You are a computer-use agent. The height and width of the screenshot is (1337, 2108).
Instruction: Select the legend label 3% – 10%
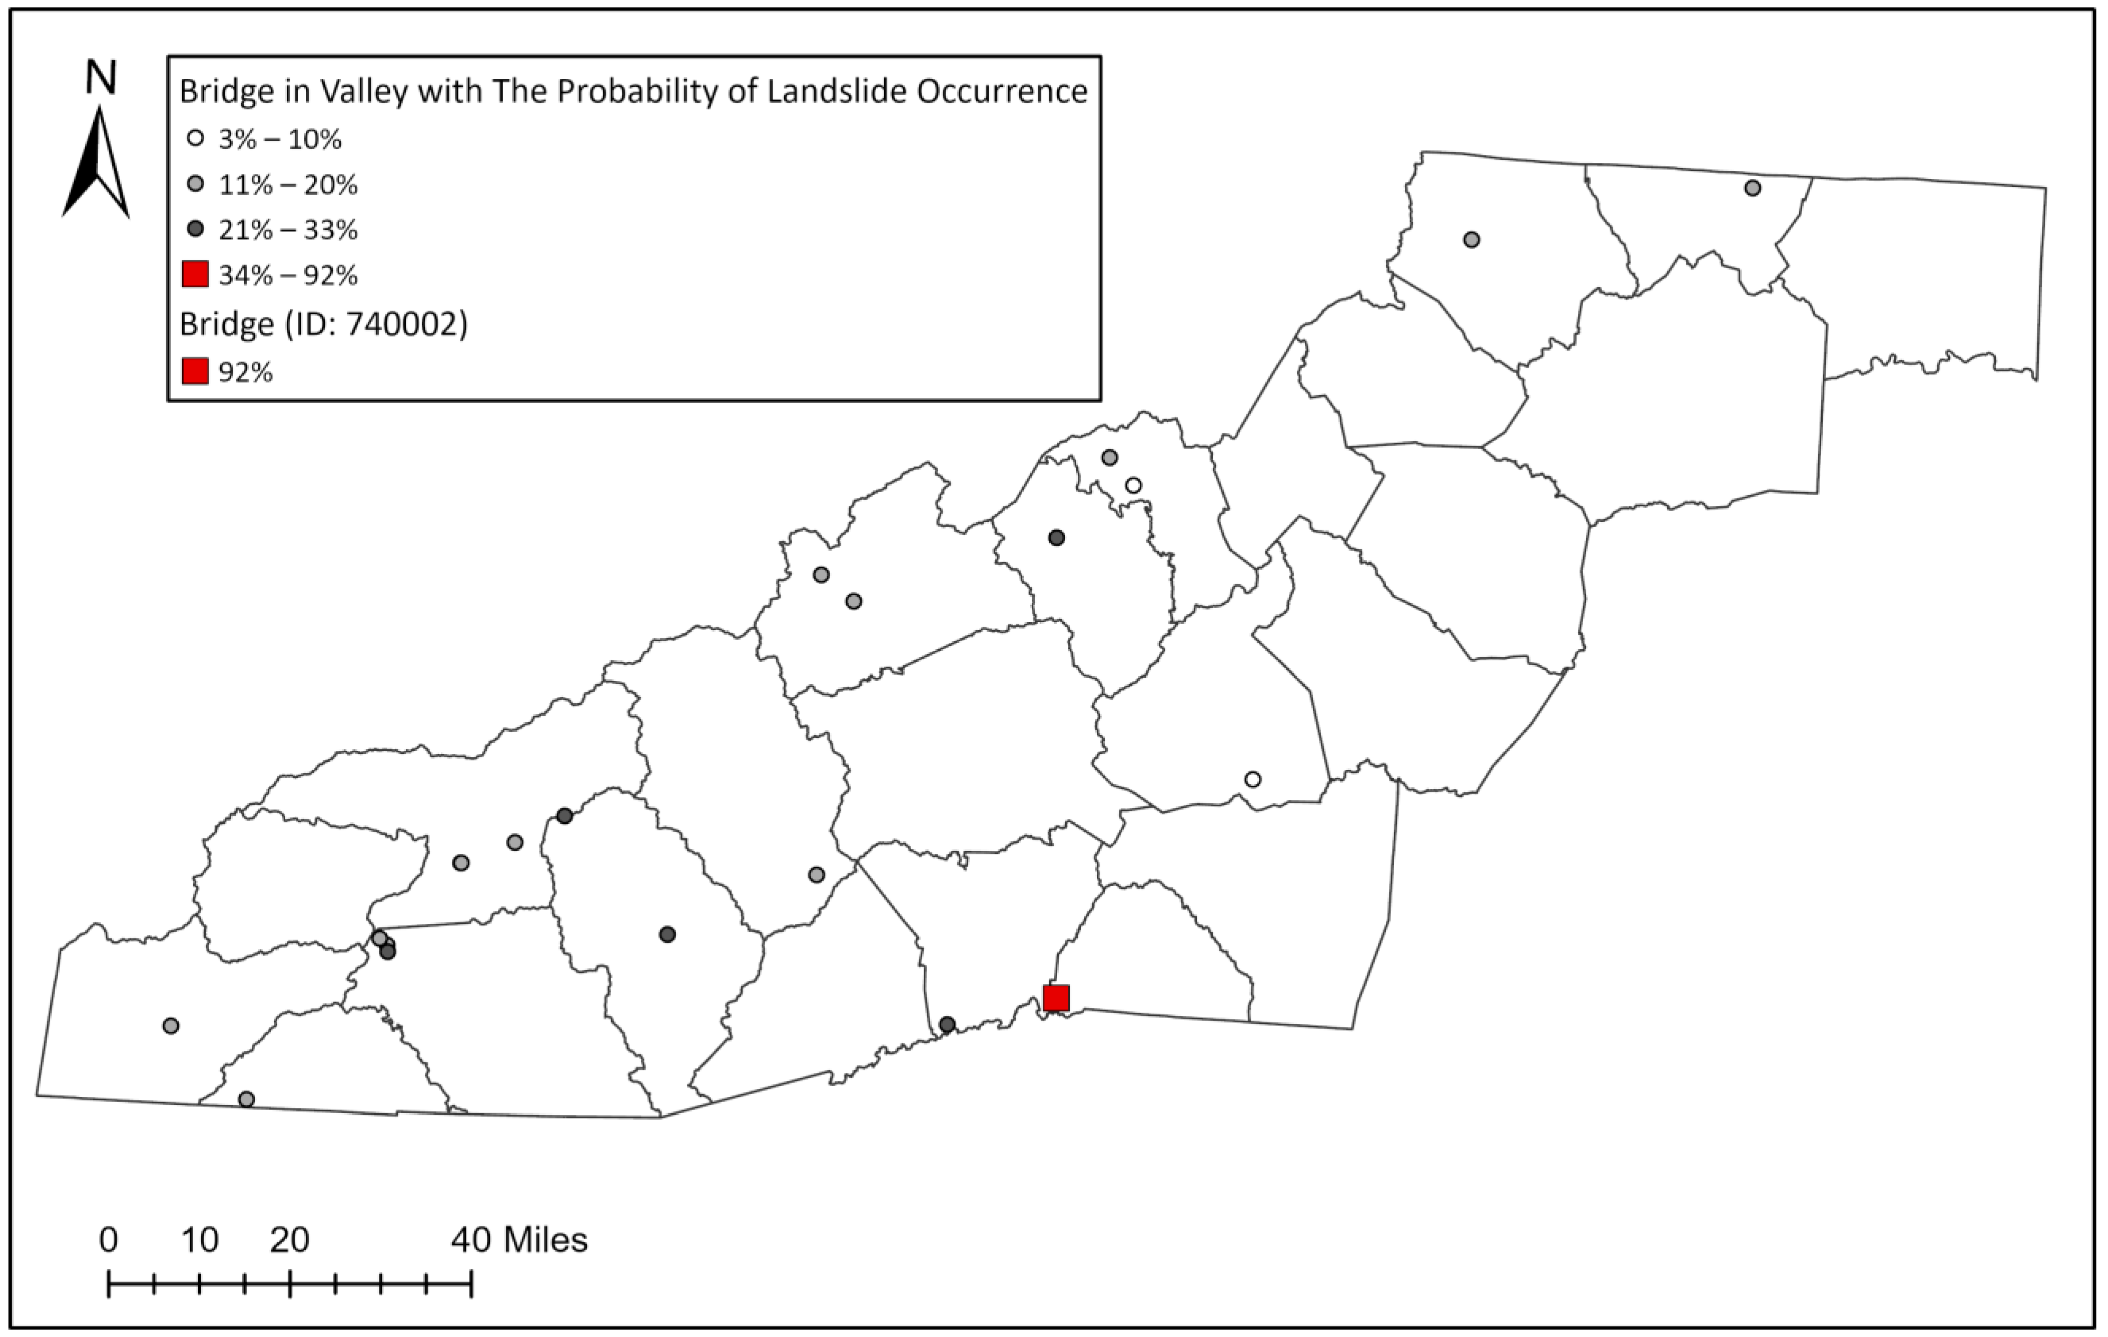tap(279, 139)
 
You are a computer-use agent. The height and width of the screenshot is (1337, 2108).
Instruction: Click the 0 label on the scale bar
tap(108, 1240)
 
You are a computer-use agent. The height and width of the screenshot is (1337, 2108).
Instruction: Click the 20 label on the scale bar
tap(290, 1240)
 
